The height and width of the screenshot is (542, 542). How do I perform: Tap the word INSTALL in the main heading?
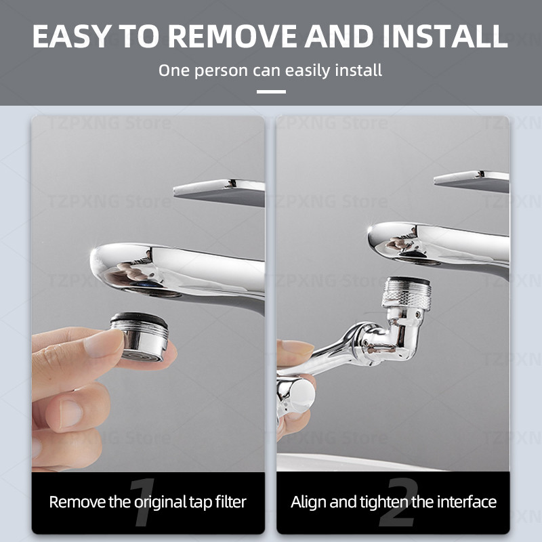(445, 37)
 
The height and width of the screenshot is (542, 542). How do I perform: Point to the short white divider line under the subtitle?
(271, 91)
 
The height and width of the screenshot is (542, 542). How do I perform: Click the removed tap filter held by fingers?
(140, 336)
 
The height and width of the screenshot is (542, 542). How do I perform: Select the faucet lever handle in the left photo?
(219, 192)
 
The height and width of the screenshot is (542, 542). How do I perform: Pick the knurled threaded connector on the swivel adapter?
(407, 293)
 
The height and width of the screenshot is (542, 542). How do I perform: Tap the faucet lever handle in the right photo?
(472, 181)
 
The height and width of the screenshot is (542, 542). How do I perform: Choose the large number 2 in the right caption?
(399, 502)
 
